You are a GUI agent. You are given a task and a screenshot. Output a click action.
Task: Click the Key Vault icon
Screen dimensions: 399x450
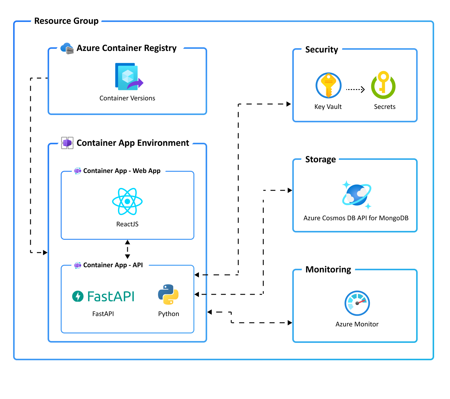tap(328, 85)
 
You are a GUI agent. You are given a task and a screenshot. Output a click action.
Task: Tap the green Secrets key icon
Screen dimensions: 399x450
tap(383, 85)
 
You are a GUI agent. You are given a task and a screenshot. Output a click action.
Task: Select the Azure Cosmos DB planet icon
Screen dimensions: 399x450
tap(356, 195)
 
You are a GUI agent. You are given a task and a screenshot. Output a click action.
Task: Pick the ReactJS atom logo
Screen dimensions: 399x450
tap(127, 201)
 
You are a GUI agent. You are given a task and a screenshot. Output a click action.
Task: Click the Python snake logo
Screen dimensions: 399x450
tap(168, 295)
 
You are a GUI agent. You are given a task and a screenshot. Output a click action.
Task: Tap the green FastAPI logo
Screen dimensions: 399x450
tap(103, 296)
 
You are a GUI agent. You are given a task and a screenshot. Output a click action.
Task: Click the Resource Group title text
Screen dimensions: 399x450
tap(66, 21)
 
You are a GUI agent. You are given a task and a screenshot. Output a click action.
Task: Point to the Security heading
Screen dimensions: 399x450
tap(322, 50)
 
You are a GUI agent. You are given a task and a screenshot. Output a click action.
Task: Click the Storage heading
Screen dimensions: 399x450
tap(320, 160)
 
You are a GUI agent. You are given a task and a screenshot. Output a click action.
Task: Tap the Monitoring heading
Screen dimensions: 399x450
tap(328, 270)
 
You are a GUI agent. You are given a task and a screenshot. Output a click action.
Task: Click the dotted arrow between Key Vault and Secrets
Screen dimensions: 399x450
tap(355, 89)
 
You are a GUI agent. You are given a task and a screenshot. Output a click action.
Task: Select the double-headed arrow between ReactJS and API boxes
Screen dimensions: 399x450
tap(128, 249)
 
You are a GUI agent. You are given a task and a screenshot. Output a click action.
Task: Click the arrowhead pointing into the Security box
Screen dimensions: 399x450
tap(289, 104)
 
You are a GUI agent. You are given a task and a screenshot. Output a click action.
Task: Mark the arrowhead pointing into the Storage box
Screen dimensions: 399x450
tap(290, 190)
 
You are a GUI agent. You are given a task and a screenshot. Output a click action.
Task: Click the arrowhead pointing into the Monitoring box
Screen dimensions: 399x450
tap(290, 323)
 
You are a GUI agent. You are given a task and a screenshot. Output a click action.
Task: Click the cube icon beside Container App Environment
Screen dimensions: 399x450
tap(67, 143)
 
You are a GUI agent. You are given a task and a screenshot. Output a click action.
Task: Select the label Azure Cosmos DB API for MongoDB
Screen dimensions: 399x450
tap(356, 218)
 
